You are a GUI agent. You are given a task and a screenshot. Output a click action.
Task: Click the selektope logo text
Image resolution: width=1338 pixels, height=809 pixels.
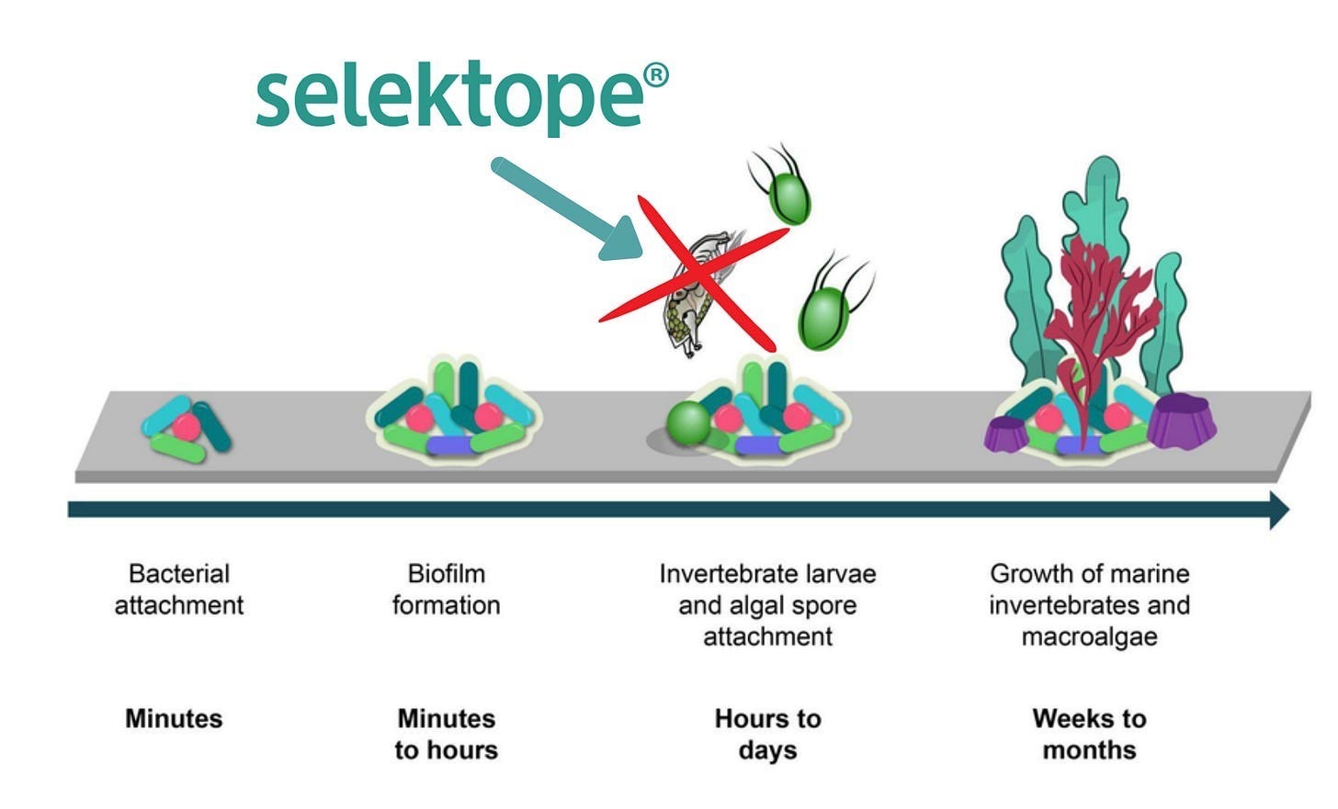(450, 96)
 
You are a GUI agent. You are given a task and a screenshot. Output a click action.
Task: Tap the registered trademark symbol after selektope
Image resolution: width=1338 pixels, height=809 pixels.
(656, 76)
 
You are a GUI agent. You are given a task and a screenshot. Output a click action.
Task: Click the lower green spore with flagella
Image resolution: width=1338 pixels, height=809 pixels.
(823, 317)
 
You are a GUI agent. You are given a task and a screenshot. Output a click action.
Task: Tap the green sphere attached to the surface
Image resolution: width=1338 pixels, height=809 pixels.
(689, 424)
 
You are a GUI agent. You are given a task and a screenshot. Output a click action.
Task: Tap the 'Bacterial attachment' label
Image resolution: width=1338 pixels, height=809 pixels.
(179, 590)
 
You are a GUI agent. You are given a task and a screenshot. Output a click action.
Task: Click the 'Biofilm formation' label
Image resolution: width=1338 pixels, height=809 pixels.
(447, 590)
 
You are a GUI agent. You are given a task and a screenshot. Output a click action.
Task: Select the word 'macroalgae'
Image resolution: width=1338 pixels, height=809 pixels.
(1089, 636)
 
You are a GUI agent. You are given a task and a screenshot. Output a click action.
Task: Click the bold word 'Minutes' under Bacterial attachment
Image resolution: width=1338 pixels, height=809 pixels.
(174, 718)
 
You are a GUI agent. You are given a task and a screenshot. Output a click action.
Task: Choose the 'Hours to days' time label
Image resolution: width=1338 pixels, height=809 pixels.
(767, 734)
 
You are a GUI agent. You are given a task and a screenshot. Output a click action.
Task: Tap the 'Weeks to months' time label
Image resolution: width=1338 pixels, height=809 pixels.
(1089, 734)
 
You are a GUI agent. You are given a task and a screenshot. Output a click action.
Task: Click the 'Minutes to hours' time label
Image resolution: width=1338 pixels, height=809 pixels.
(447, 734)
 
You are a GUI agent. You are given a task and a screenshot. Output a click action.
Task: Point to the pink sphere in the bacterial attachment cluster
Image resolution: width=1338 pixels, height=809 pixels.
(186, 426)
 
